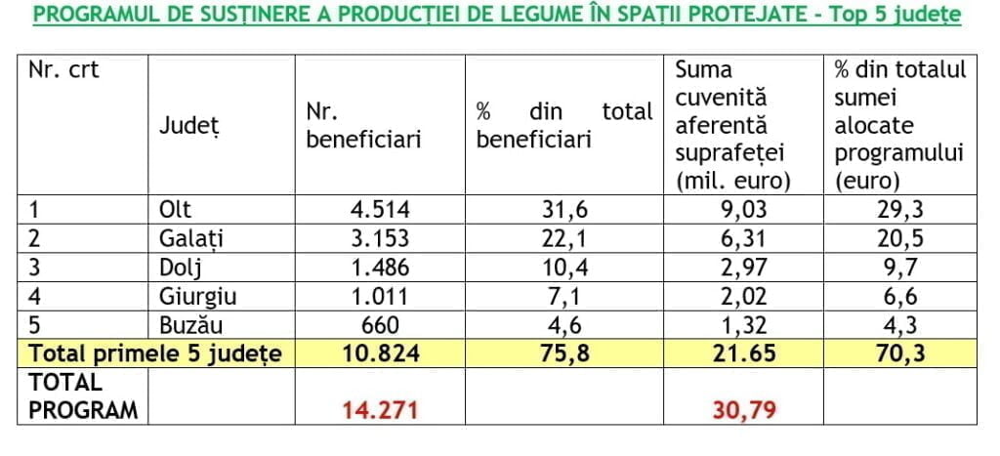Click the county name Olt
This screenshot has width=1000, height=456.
click(x=175, y=208)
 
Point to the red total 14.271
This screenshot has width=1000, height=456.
click(x=381, y=410)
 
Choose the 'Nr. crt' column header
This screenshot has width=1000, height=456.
click(x=63, y=70)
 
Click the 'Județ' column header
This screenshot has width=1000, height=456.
click(x=191, y=126)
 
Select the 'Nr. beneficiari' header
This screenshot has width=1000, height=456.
click(x=363, y=126)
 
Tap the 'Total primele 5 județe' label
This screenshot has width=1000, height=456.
click(x=154, y=353)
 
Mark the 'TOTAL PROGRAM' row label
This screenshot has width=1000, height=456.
click(x=82, y=395)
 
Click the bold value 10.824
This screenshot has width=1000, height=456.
click(x=382, y=353)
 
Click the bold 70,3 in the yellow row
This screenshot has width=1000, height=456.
click(x=896, y=353)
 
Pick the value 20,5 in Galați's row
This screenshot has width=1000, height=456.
click(x=896, y=237)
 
